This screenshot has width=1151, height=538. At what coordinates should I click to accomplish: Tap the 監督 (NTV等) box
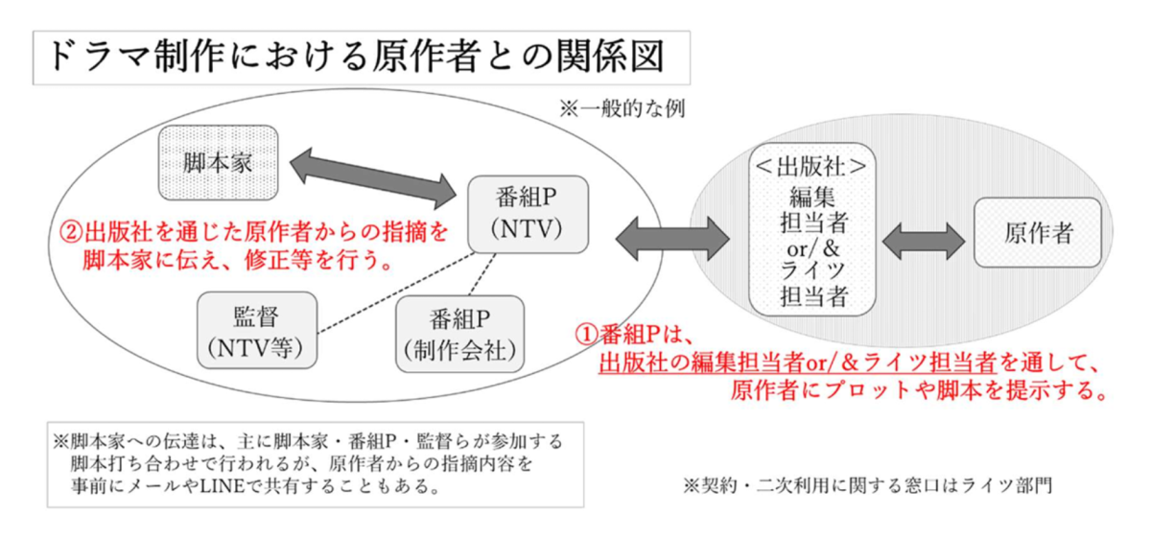255,329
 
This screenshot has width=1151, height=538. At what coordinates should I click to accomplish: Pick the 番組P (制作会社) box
460,333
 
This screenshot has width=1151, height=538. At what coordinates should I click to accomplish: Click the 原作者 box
1038,233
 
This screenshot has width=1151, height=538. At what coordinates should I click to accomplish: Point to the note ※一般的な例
622,108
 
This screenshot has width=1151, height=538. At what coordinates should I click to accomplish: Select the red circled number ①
586,335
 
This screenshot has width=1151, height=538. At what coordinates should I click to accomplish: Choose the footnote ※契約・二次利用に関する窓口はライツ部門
867,485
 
